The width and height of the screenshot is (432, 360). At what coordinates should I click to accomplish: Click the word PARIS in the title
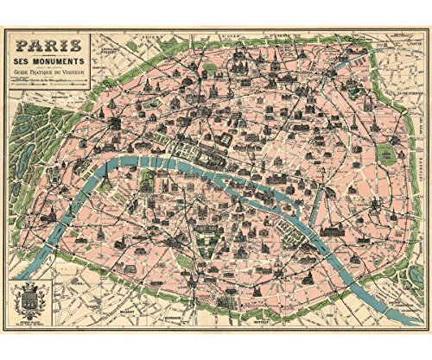52,44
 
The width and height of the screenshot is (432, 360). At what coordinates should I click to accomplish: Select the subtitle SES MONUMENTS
52,63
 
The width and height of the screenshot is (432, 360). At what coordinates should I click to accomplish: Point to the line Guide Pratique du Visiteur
52,75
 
